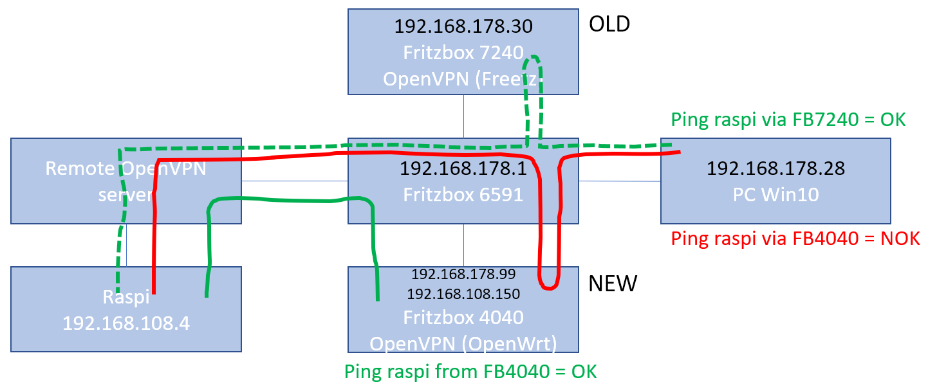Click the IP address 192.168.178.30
(463, 26)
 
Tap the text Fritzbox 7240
(463, 52)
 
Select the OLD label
(609, 24)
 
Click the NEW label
(613, 283)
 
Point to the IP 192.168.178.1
(463, 169)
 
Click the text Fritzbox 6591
(463, 194)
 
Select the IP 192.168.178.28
(775, 169)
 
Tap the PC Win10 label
(775, 194)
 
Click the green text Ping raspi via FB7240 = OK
(788, 120)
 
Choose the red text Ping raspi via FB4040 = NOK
(795, 239)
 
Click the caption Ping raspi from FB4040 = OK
(470, 372)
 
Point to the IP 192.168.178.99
(463, 275)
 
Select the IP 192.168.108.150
(463, 294)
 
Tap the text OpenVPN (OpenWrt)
(463, 343)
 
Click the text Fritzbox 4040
(463, 318)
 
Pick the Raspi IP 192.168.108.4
(126, 323)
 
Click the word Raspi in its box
(126, 298)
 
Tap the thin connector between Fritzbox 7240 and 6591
(463, 116)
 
